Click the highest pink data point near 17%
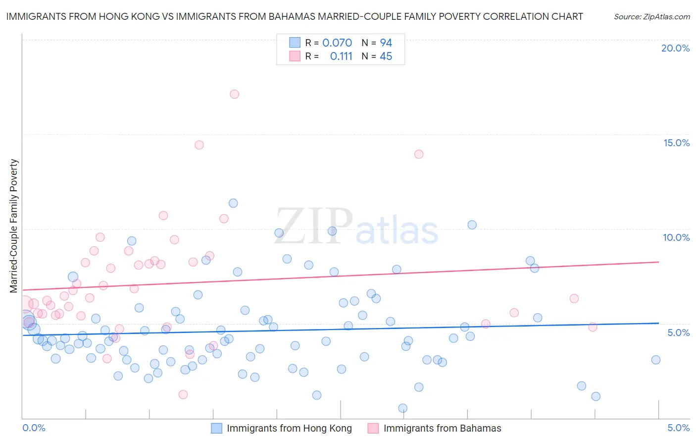(x=235, y=94)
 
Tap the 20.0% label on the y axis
(x=675, y=48)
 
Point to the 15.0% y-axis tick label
(x=676, y=143)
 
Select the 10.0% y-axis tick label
(x=676, y=237)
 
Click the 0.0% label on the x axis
(x=34, y=428)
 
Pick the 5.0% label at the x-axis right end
(x=678, y=428)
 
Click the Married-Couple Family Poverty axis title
(x=14, y=225)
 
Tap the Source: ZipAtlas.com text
(x=651, y=17)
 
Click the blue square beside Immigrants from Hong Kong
(x=217, y=428)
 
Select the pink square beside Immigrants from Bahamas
(x=373, y=428)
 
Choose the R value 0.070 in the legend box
(x=337, y=43)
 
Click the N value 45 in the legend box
(x=386, y=56)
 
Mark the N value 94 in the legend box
(x=386, y=43)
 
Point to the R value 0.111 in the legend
(x=341, y=56)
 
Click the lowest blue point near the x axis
(x=403, y=408)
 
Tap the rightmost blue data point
(x=656, y=360)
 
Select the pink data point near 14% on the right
(x=419, y=154)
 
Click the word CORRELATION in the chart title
(x=512, y=16)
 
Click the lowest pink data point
(x=183, y=394)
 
